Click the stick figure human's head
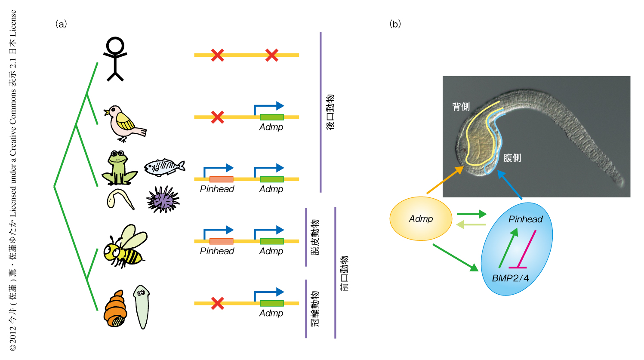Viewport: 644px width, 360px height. coord(115,46)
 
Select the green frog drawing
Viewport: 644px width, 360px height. coord(118,168)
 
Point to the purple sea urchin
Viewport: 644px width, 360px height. coord(163,200)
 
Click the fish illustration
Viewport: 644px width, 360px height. coord(164,167)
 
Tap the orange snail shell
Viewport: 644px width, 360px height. coord(115,310)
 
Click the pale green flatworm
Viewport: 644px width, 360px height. coord(141,306)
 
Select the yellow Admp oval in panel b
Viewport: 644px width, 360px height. coord(421,218)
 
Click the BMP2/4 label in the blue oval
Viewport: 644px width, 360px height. coord(510,278)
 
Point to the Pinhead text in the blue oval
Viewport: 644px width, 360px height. coord(525,219)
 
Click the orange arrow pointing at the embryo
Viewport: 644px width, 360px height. coord(445,181)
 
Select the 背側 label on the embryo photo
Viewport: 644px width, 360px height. coord(461,107)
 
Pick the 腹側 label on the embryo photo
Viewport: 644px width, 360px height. coord(512,158)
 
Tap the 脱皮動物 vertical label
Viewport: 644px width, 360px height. coord(315,237)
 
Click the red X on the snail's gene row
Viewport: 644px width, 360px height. coord(218,303)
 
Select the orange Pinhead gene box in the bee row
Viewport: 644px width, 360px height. coord(221,241)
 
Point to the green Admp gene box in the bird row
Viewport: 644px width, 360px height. coord(271,117)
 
